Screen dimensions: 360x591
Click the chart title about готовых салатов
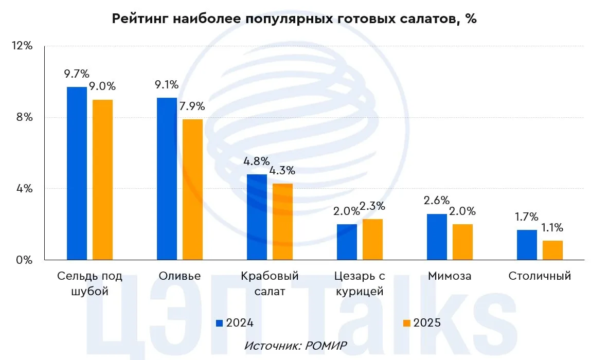[x=294, y=20]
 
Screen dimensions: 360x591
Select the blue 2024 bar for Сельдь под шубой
[x=77, y=173]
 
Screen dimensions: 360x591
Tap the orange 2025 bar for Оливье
[x=192, y=189]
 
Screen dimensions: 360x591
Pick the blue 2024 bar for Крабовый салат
[x=257, y=217]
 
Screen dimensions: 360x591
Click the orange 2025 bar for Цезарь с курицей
[x=372, y=239]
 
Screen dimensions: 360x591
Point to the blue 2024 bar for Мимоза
[x=437, y=237]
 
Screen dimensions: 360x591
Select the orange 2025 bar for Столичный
[x=552, y=250]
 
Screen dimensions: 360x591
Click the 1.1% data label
[x=552, y=228]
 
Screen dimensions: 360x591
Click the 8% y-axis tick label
[x=24, y=117]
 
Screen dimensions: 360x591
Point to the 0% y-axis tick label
[x=24, y=260]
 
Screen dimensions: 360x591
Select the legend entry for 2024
[x=235, y=323]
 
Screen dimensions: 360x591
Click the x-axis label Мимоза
[x=449, y=276]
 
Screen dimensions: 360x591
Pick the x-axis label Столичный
[x=540, y=276]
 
